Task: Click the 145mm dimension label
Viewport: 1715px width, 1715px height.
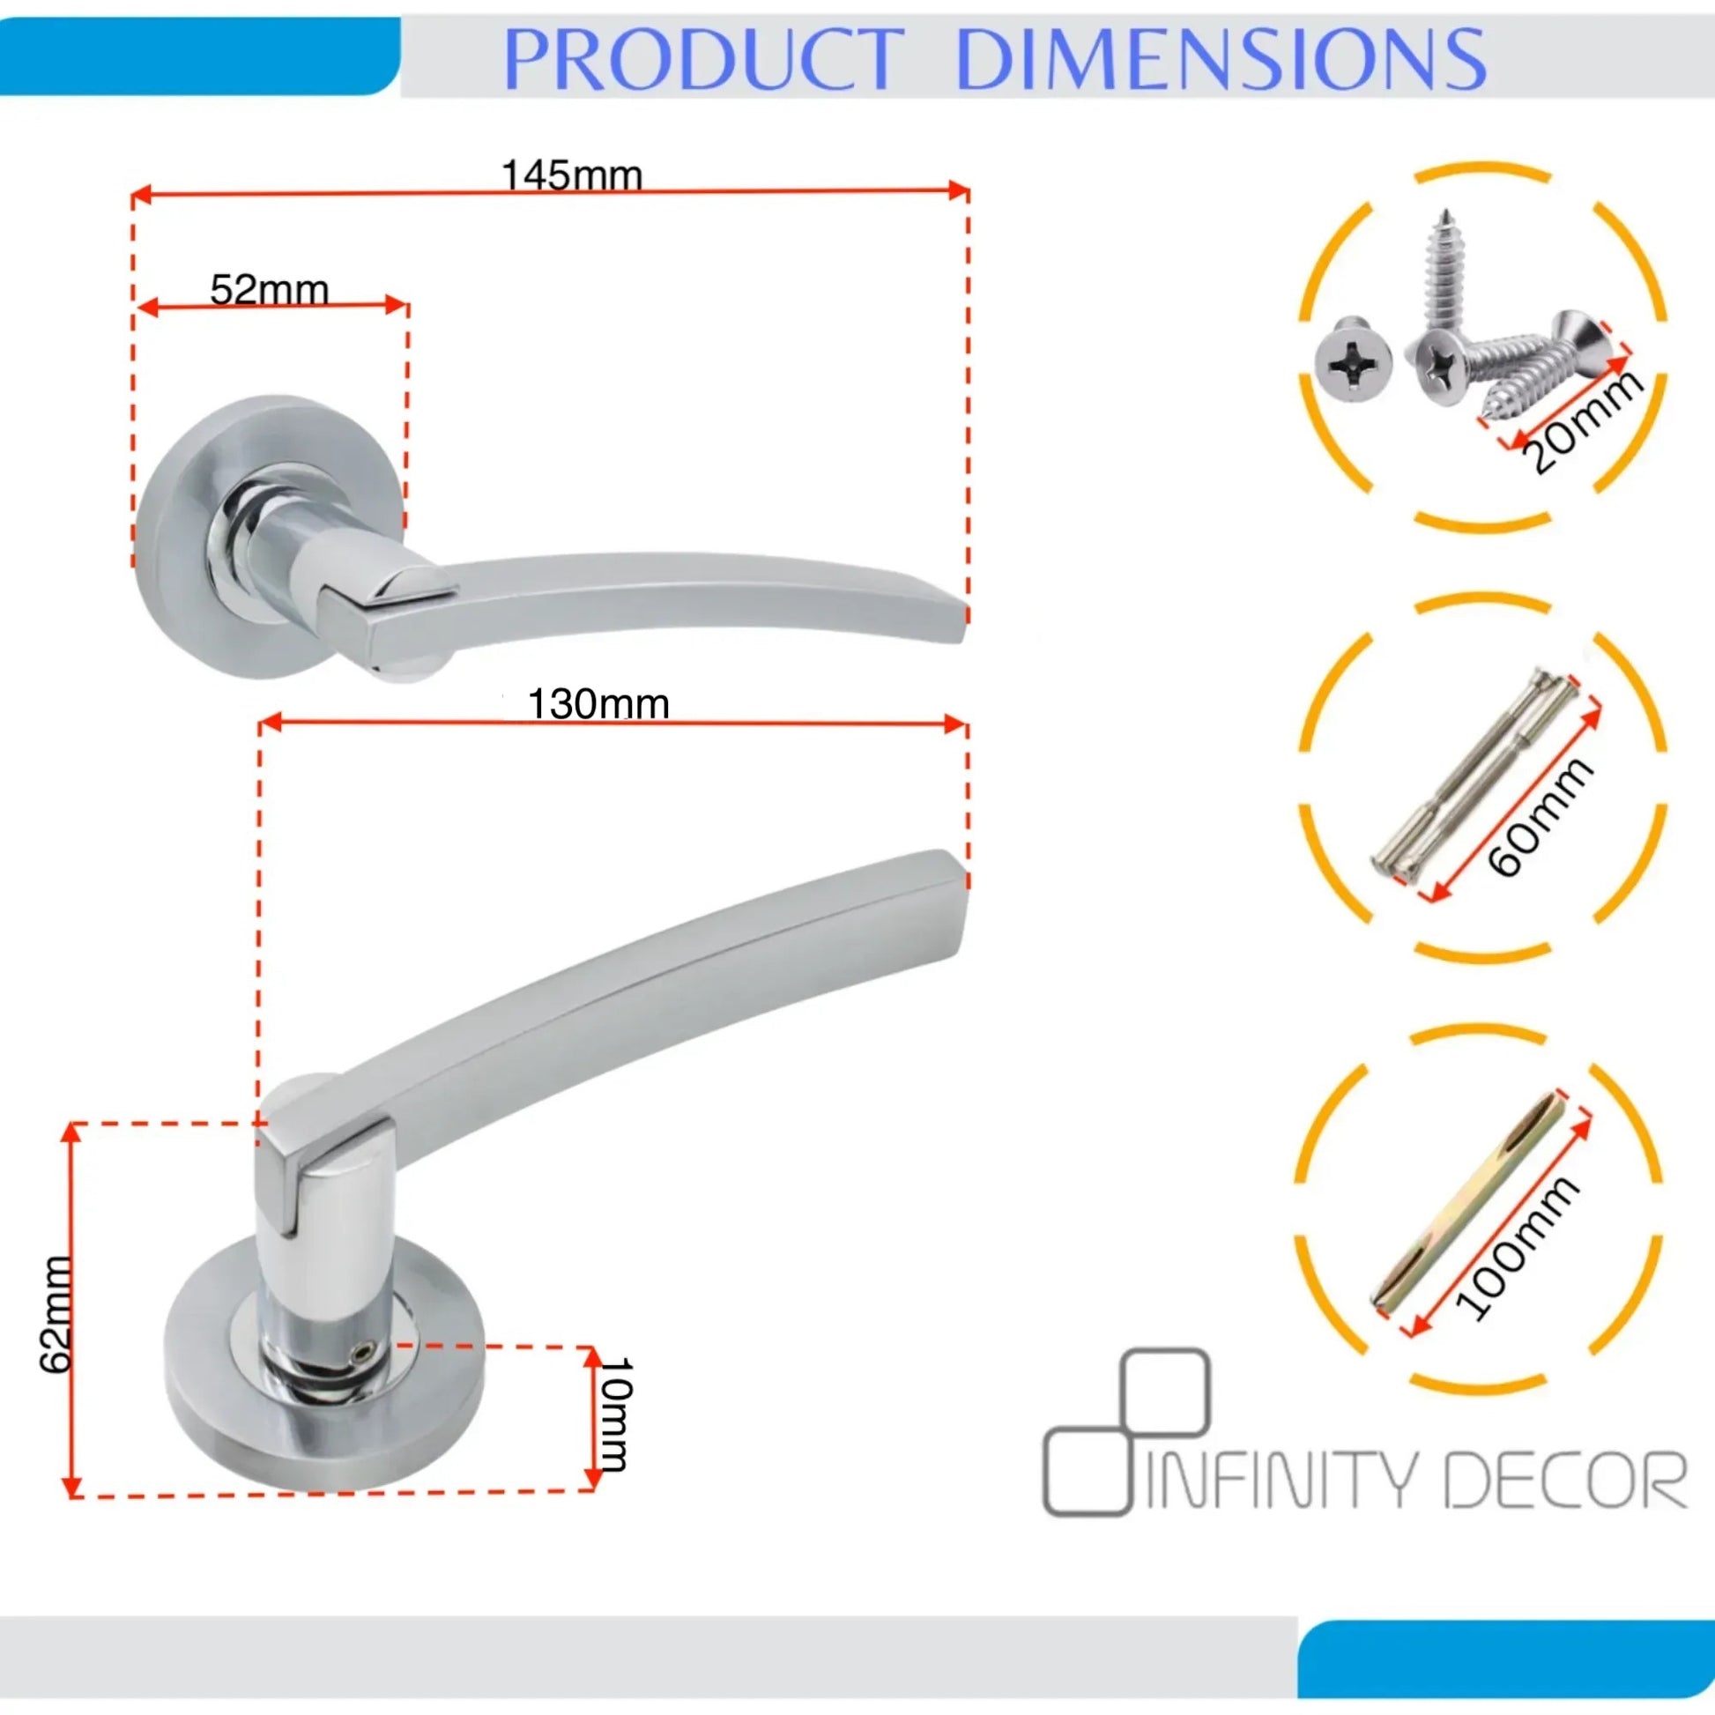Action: click(572, 174)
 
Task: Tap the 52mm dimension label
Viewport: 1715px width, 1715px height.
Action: click(269, 289)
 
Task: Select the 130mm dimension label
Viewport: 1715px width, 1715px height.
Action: click(598, 705)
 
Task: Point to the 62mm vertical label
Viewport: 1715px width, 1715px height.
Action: click(55, 1313)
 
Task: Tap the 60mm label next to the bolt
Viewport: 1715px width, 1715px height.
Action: click(1541, 818)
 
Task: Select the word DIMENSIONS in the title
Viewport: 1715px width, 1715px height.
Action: click(1221, 58)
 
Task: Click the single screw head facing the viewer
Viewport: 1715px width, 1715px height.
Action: click(1353, 360)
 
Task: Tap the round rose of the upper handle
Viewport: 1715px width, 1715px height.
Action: click(269, 537)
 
